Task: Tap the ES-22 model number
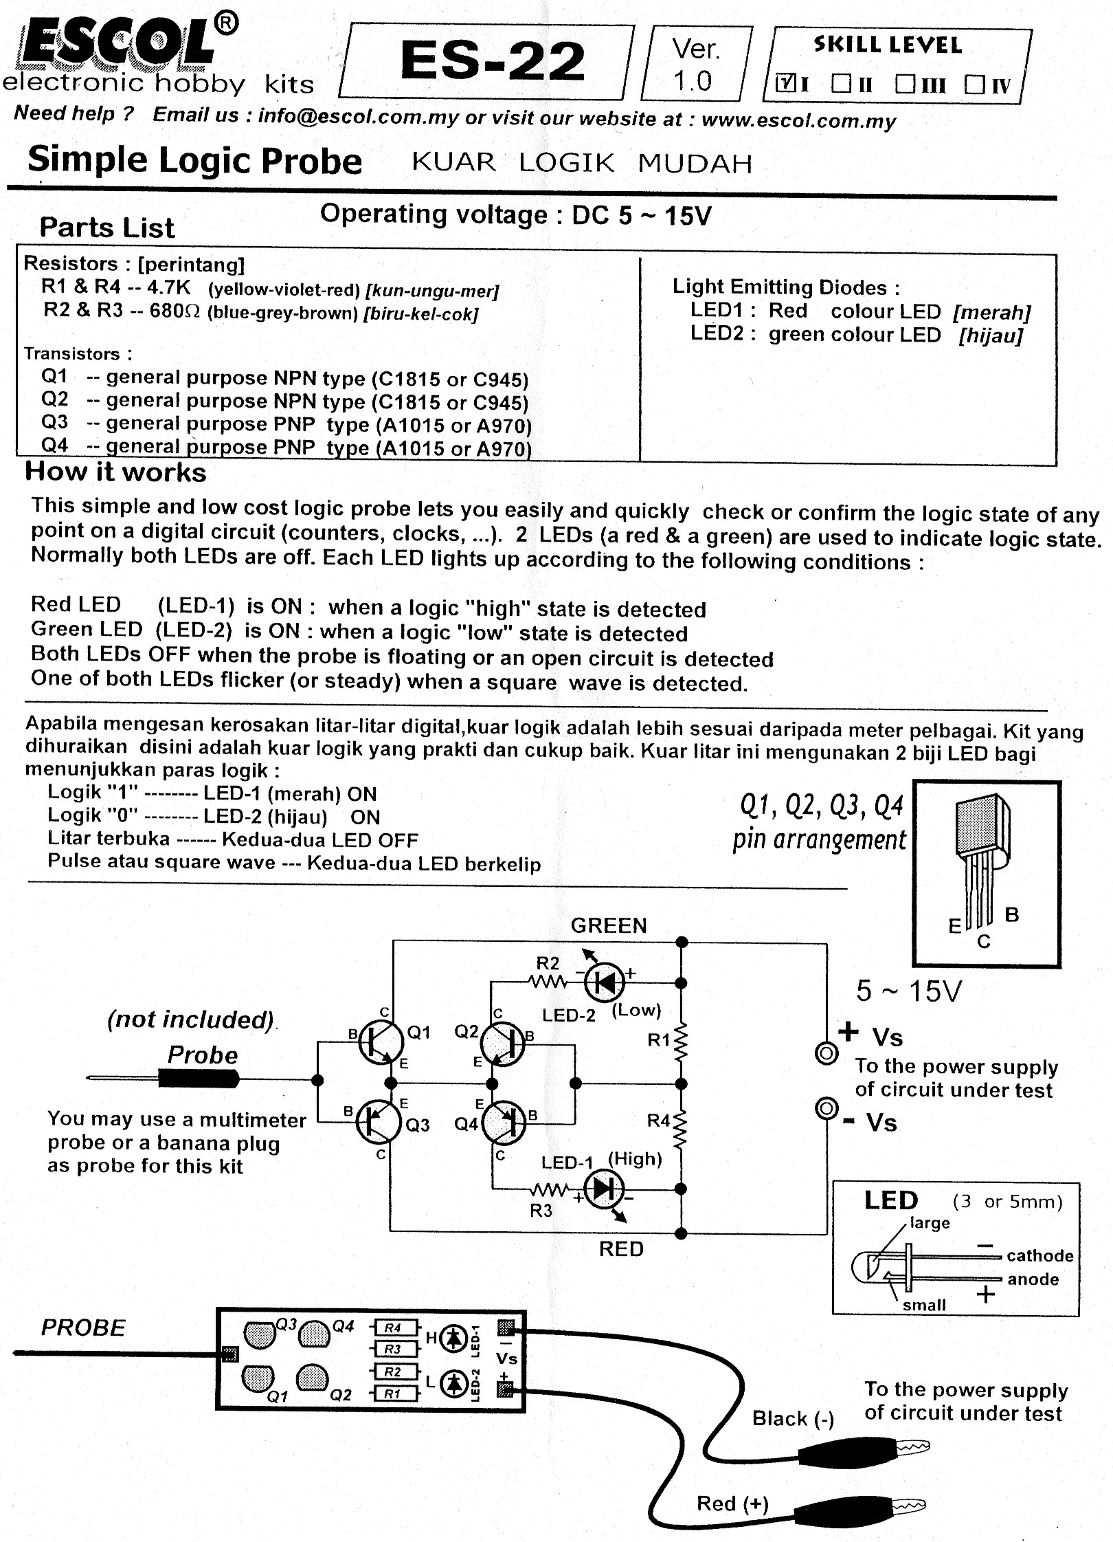pos(492,62)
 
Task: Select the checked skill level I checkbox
pos(784,84)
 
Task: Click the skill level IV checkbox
pos(974,85)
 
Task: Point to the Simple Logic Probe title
pos(194,161)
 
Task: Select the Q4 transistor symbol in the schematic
pos(504,1123)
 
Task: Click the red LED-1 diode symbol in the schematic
pos(603,1189)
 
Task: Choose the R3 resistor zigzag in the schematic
pos(550,1190)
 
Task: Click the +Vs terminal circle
pos(826,1053)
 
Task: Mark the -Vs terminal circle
pos(826,1109)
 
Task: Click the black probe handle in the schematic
pos(199,1079)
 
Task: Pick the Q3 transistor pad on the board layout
pos(259,1334)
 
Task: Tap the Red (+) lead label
pos(732,1504)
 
